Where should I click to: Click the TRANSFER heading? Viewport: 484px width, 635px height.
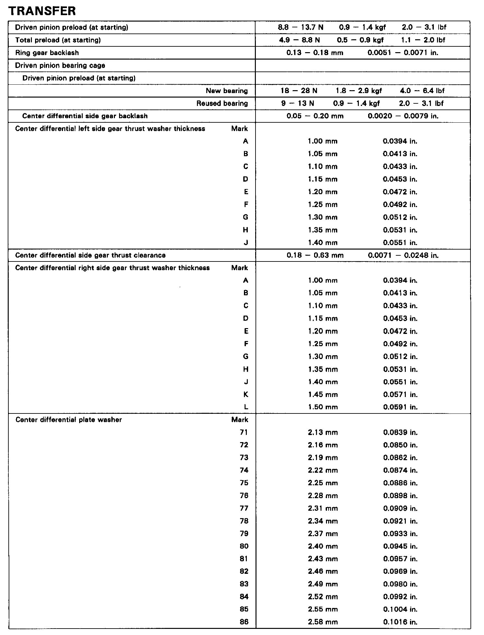point(42,11)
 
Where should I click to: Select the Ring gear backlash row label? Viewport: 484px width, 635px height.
point(47,53)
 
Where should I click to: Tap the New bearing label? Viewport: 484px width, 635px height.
point(227,91)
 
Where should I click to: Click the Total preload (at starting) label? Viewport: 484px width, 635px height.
point(58,40)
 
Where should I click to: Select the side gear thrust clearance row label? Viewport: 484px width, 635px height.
point(90,255)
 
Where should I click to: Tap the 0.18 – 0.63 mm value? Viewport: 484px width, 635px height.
point(315,255)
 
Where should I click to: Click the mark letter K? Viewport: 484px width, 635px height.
point(246,394)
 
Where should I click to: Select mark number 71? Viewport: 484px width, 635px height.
point(244,432)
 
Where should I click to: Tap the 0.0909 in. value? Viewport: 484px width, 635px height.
point(400,508)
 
